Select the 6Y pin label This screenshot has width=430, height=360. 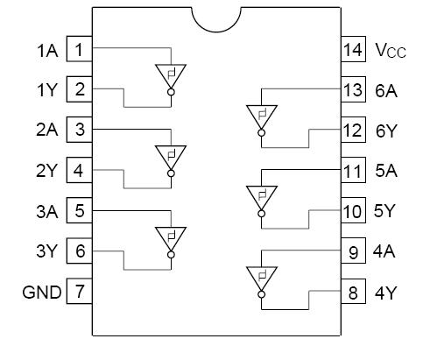pyautogui.click(x=386, y=130)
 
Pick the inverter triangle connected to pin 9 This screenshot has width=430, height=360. pyautogui.click(x=261, y=278)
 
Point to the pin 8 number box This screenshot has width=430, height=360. pyautogui.click(x=353, y=293)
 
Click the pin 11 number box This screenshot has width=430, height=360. pyautogui.click(x=353, y=171)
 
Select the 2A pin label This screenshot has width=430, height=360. pyautogui.click(x=47, y=130)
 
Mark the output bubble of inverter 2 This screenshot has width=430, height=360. pyautogui.click(x=171, y=173)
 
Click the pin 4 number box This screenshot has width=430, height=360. pyautogui.click(x=80, y=171)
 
